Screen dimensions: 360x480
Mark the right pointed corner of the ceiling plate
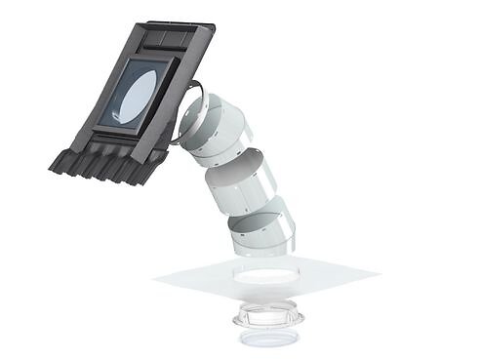(379, 274)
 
